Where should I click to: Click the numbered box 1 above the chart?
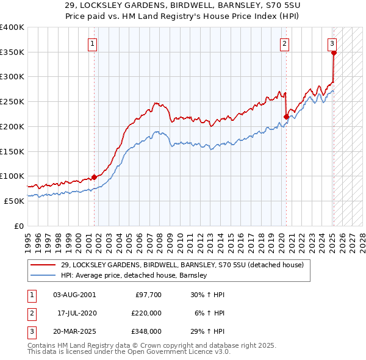pos(92,43)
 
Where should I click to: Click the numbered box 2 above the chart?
pos(284,43)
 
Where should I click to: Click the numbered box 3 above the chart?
pos(332,43)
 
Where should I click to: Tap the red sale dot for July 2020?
pos(286,116)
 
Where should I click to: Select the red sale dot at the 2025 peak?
pos(334,53)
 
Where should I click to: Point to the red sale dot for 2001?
pos(94,177)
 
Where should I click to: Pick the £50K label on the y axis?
pos(15,201)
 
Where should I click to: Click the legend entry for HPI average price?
pos(134,275)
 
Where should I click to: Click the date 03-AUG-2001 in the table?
pos(74,294)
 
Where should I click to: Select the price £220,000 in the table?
pos(147,313)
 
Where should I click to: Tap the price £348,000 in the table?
pos(147,332)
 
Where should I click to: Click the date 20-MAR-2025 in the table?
pos(74,332)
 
